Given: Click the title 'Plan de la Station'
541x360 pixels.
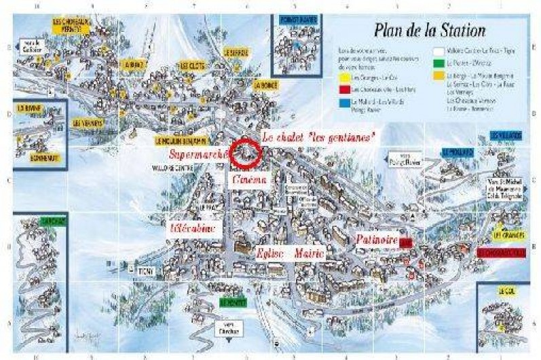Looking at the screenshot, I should pos(428,30).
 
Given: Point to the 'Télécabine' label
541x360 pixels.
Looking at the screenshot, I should pos(197,228).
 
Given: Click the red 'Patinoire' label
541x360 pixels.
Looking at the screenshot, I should pos(377,240).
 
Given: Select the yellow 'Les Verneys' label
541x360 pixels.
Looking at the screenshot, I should pos(88,123).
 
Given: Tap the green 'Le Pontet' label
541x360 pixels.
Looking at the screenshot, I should pos(231,302).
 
